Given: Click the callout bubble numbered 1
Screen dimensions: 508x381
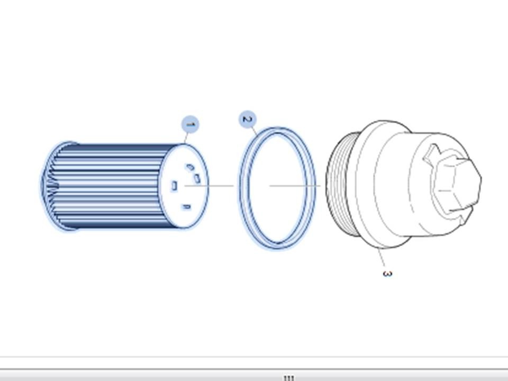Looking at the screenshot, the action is [190, 125].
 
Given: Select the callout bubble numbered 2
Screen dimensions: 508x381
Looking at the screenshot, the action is [248, 119].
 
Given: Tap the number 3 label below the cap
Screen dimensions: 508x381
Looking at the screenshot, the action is [387, 274].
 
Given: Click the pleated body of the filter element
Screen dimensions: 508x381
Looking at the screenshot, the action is [110, 186].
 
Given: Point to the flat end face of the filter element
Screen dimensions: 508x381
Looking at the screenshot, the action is [184, 186].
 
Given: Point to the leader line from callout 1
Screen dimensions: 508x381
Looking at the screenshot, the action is [186, 138].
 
